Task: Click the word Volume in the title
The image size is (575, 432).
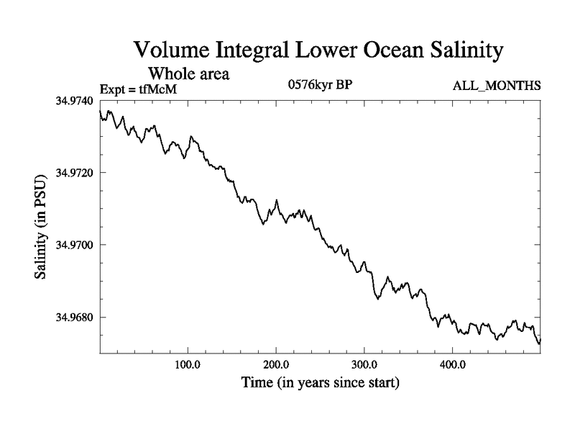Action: coord(172,51)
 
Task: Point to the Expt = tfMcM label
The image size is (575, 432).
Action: coord(137,89)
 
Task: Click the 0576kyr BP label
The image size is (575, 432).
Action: coord(320,85)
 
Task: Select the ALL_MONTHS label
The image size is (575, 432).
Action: coord(497,86)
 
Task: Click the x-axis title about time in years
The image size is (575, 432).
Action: coord(320,382)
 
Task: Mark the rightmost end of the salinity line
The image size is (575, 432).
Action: coord(540,339)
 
